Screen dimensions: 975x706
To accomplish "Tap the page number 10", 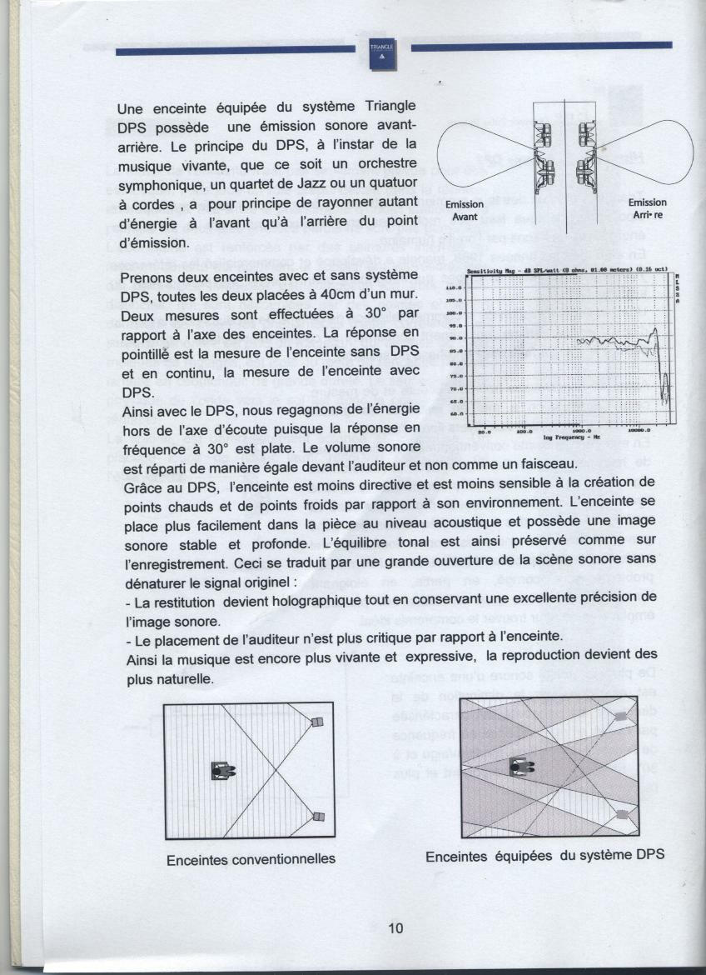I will (x=395, y=927).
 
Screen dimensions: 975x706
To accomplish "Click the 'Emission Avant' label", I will (x=464, y=209).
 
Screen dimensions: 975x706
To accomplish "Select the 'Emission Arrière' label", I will (x=647, y=208).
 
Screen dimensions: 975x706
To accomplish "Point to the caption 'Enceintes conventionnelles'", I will (x=251, y=858).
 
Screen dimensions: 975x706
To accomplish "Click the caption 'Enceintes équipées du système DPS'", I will (x=544, y=856).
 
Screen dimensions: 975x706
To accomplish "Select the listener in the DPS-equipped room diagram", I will (x=520, y=766).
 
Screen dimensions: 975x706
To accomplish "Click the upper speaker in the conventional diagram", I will (x=316, y=722).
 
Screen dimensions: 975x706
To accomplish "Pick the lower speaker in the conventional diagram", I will (x=317, y=817).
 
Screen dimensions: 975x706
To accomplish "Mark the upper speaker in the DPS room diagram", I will (x=619, y=716).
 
